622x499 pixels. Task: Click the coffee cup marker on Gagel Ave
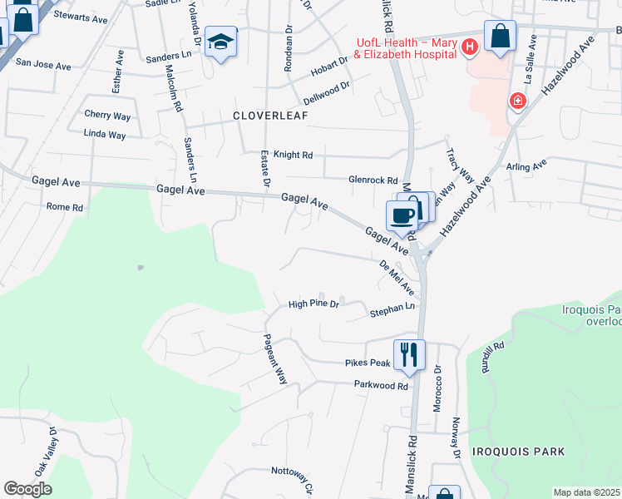click(x=402, y=216)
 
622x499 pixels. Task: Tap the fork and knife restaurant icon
click(x=408, y=355)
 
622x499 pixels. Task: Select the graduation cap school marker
click(x=221, y=42)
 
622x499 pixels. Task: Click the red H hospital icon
click(x=469, y=47)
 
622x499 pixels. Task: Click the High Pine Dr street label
click(x=313, y=304)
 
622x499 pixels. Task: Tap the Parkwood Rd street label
click(x=381, y=386)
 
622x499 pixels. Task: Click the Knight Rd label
click(x=294, y=155)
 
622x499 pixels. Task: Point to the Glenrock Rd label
click(x=373, y=180)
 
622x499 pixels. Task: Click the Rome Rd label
click(x=65, y=206)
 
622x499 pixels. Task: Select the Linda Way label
click(x=105, y=134)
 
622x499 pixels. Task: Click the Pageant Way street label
click(x=275, y=358)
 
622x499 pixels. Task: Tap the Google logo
click(x=27, y=489)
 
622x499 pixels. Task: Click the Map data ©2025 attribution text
click(x=586, y=492)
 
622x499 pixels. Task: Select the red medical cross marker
click(x=517, y=101)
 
